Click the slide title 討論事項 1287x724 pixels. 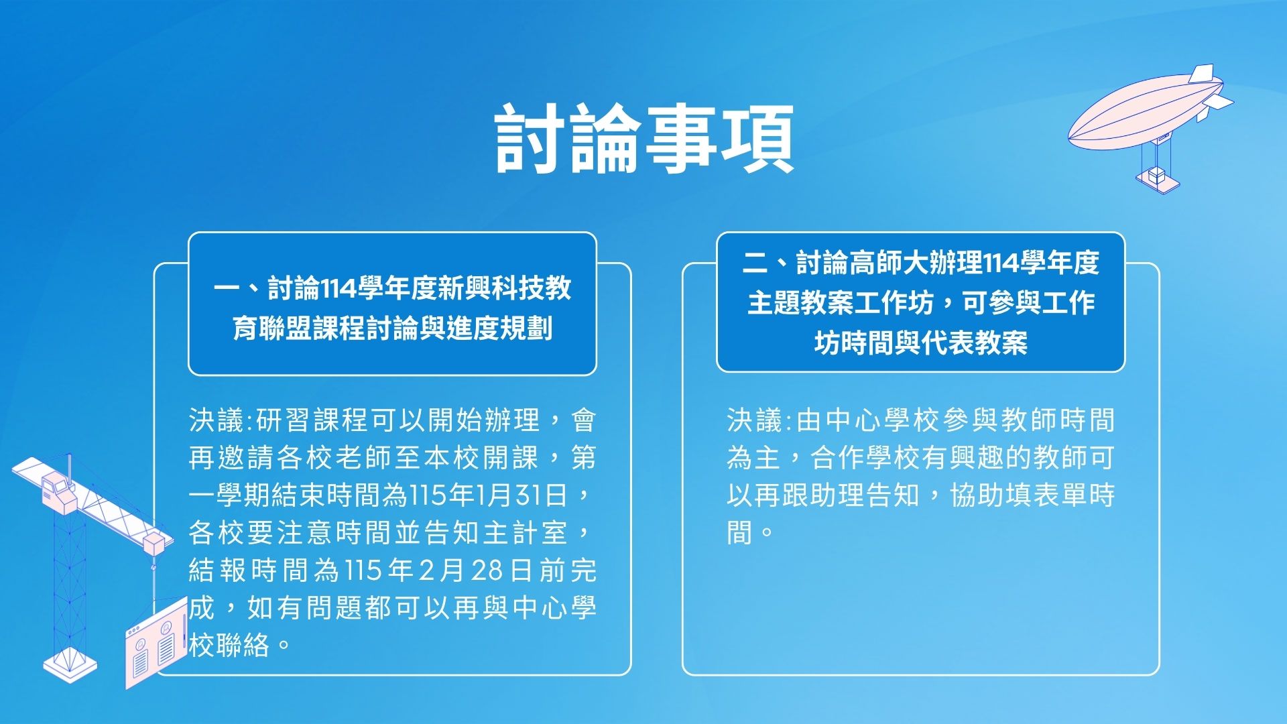[x=644, y=139]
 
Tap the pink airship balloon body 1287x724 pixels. [x=1140, y=114]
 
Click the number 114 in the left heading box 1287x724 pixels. [x=339, y=289]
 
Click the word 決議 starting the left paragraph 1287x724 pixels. [x=217, y=421]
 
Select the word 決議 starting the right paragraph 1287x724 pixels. [x=755, y=421]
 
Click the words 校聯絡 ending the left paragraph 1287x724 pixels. [x=229, y=646]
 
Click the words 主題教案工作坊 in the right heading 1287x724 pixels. [x=840, y=303]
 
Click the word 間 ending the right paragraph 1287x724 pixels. [x=740, y=534]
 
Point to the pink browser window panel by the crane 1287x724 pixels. [x=156, y=644]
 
